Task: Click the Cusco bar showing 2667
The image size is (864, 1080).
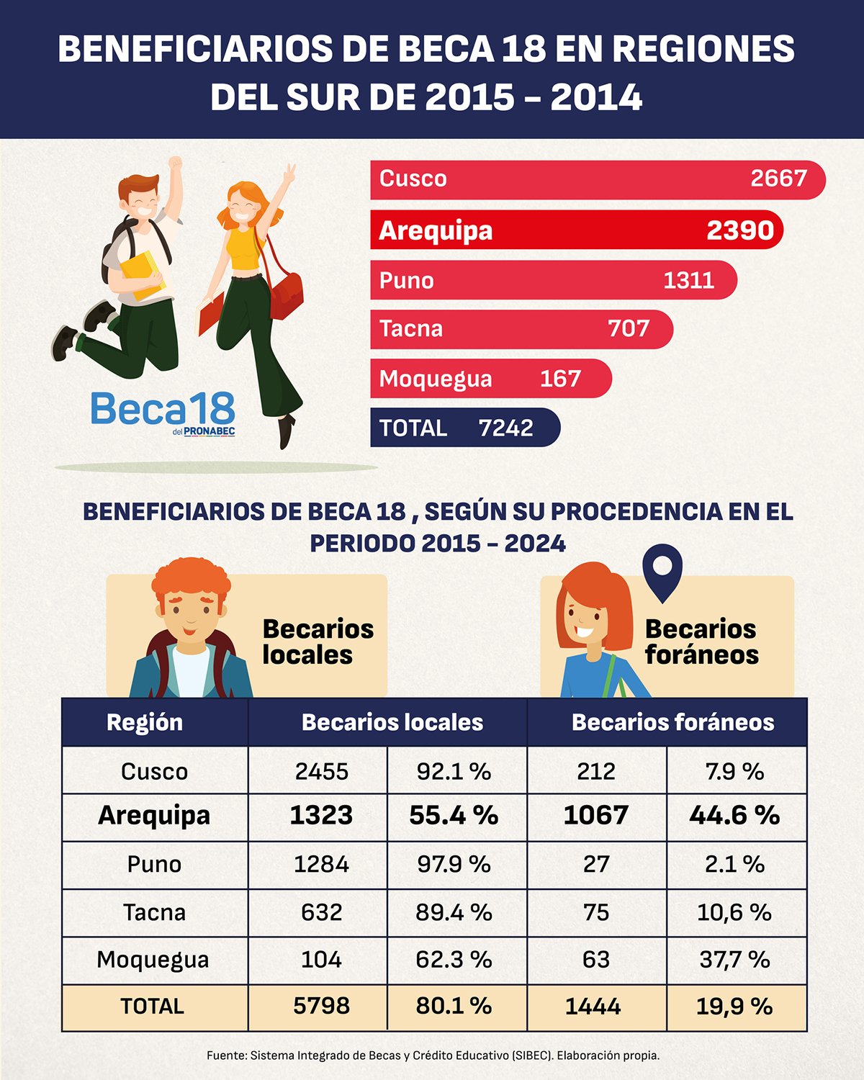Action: [598, 179]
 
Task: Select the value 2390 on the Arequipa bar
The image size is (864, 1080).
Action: [739, 230]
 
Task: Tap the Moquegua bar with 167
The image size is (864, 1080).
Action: [490, 379]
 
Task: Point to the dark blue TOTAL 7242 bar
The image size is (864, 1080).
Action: [464, 428]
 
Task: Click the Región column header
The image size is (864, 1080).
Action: [145, 722]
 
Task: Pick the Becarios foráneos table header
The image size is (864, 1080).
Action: [672, 722]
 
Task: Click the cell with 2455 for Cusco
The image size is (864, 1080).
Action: [321, 771]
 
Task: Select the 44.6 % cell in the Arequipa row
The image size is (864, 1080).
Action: [734, 815]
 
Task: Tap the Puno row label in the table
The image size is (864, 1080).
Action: [154, 864]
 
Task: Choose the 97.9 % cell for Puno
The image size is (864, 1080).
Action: [454, 864]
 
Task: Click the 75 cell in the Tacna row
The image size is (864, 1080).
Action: [596, 912]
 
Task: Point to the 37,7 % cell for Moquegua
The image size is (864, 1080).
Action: [734, 960]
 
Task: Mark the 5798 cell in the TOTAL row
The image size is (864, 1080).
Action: [321, 1006]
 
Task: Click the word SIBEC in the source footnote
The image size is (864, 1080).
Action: [533, 1056]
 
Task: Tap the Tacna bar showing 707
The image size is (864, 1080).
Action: [521, 329]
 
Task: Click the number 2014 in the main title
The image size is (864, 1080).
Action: [596, 97]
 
